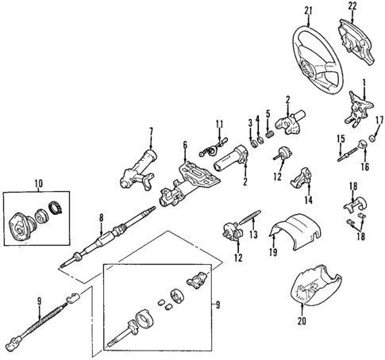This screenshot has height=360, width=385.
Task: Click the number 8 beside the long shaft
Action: tap(101, 217)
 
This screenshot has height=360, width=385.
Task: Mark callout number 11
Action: tap(220, 124)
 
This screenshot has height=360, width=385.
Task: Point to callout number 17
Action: tap(379, 121)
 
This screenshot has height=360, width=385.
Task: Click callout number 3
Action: tap(249, 122)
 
